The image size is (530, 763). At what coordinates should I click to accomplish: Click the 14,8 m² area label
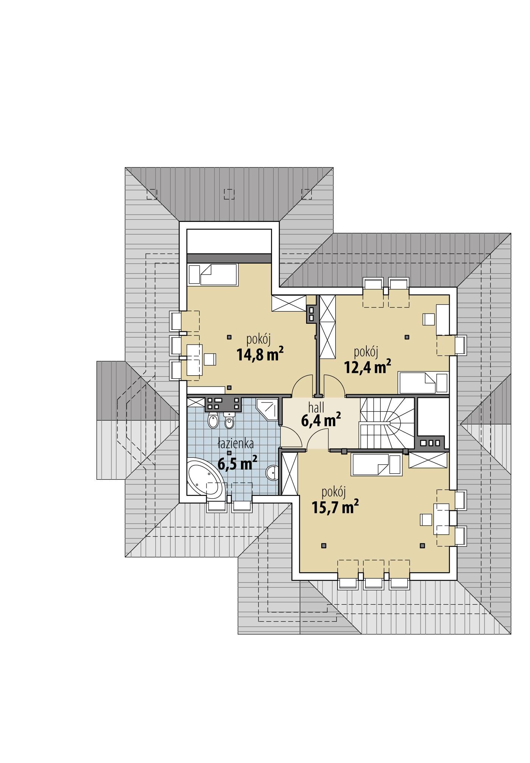click(x=260, y=354)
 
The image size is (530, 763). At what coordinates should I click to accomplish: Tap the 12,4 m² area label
click(x=367, y=367)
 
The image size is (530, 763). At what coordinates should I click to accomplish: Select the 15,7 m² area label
click(x=335, y=507)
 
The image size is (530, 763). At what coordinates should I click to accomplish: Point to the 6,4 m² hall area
click(x=321, y=420)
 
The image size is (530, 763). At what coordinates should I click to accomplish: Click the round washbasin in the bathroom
click(x=272, y=472)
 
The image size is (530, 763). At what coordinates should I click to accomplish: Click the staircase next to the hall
click(x=386, y=422)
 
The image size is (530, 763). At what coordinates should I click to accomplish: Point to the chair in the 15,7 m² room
click(x=426, y=519)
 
